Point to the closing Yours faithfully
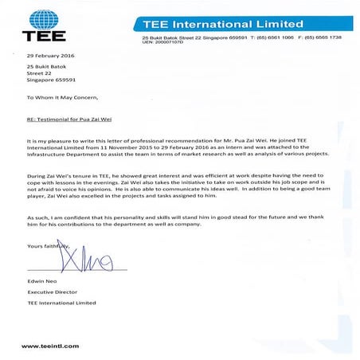tap(47, 246)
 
